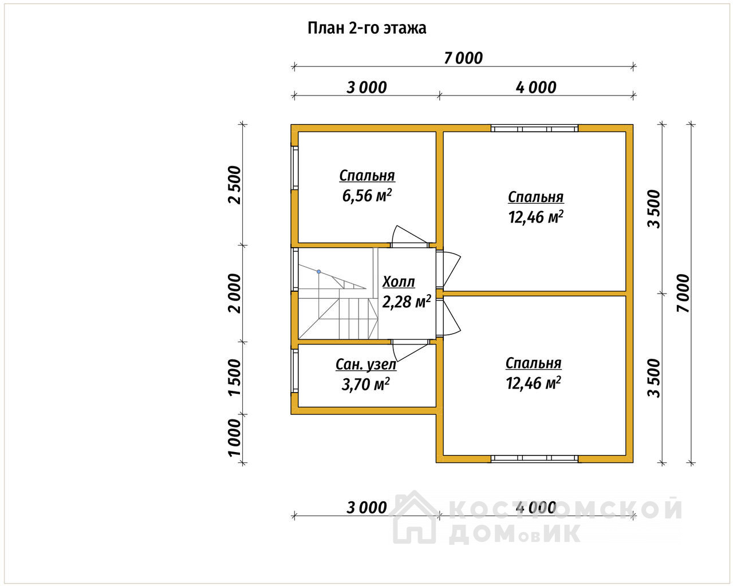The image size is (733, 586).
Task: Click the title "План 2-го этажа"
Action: click(367, 28)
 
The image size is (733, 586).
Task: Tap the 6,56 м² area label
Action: click(367, 196)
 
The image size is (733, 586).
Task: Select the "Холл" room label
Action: click(399, 282)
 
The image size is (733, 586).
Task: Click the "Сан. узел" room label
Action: click(366, 365)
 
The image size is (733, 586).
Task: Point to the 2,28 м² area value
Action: click(407, 302)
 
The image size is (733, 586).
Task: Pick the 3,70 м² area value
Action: click(366, 384)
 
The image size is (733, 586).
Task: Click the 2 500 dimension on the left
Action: click(234, 185)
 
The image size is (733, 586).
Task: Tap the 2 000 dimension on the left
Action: click(234, 293)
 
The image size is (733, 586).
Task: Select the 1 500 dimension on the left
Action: click(234, 378)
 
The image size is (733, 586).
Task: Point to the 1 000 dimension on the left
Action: click(234, 438)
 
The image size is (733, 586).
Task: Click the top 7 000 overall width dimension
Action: click(463, 58)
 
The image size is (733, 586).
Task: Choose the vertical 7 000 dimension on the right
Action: click(683, 293)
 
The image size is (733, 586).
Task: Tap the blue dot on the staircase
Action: click(319, 272)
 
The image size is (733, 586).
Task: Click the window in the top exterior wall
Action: click(534, 128)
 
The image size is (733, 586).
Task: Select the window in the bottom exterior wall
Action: click(534, 458)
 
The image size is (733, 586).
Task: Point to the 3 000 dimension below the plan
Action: click(366, 508)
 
